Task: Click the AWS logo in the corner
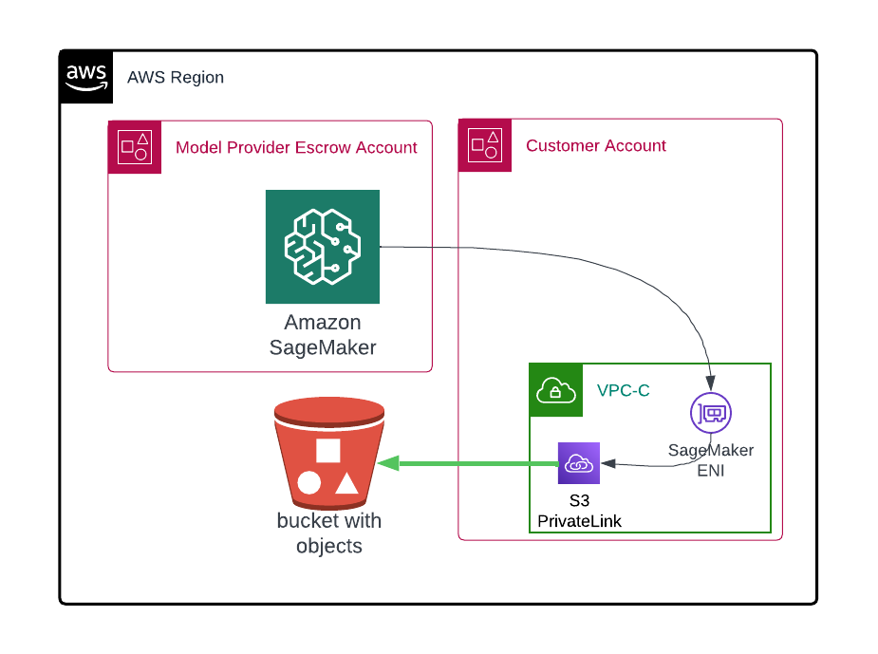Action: (x=86, y=77)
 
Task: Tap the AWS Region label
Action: (x=176, y=78)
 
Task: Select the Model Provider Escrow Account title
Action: (x=296, y=147)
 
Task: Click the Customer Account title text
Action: (x=596, y=146)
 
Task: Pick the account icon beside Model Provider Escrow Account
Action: (x=134, y=147)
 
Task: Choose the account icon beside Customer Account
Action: (x=484, y=145)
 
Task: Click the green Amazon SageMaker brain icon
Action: (x=322, y=247)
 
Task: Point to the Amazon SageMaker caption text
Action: (x=323, y=335)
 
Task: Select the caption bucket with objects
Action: (x=329, y=533)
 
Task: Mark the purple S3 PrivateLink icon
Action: (x=579, y=463)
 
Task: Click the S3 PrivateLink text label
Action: (x=579, y=510)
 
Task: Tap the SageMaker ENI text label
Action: (x=711, y=459)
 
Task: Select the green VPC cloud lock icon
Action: (x=554, y=390)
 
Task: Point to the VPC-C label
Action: (x=624, y=390)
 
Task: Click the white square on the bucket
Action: (x=328, y=451)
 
